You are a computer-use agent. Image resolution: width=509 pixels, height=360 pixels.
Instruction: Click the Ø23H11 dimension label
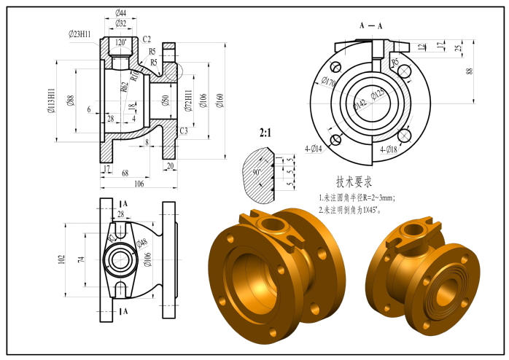pos(79,34)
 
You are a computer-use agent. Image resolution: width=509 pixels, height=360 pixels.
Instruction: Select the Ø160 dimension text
pos(220,101)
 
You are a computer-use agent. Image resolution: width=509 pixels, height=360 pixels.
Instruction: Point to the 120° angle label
pos(120,42)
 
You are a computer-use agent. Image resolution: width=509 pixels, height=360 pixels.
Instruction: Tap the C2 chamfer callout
pos(147,39)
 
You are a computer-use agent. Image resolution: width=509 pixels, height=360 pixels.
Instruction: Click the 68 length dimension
pos(125,173)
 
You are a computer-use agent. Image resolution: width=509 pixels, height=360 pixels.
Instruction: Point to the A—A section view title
pos(370,26)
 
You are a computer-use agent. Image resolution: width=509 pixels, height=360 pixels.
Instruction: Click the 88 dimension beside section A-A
pos(470,71)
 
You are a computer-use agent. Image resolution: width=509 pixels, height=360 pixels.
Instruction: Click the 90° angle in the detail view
pos(257,173)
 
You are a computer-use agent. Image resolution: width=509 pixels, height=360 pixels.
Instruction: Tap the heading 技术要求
pos(360,181)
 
